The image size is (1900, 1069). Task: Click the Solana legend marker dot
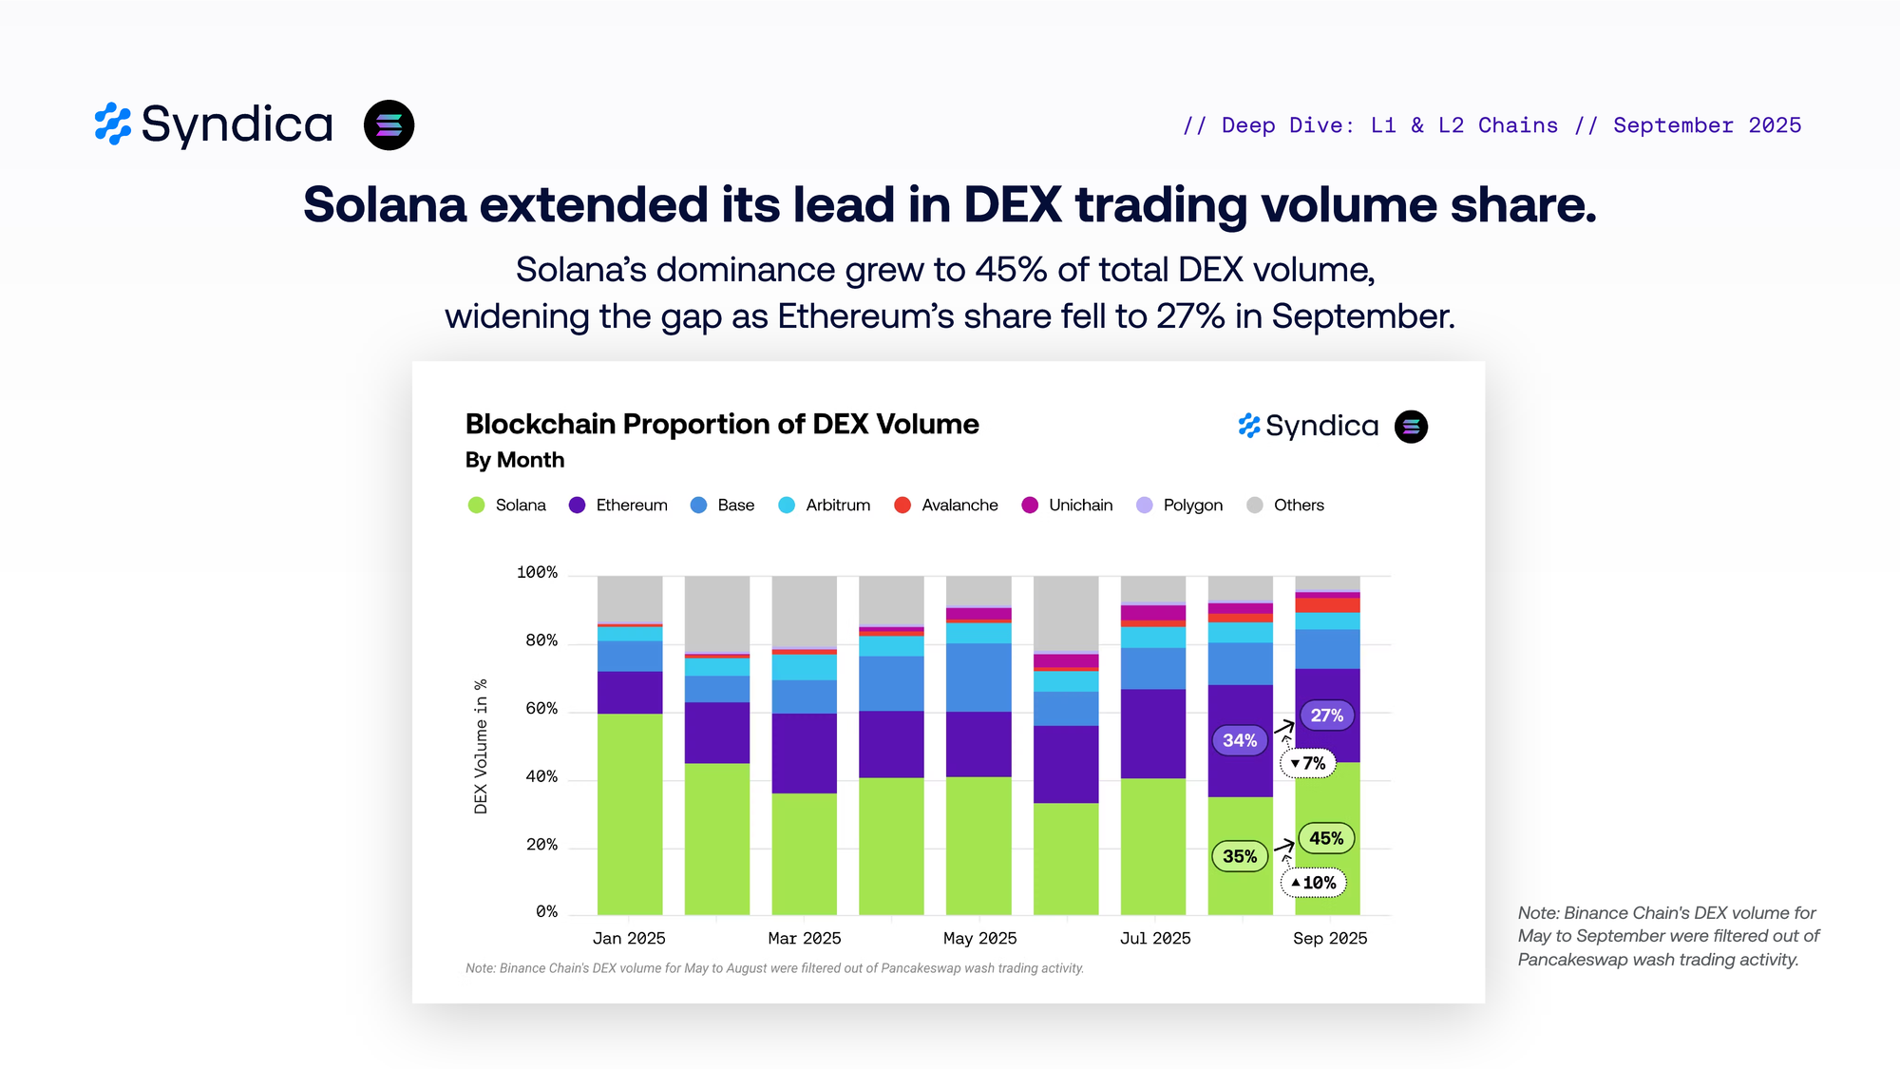(x=477, y=506)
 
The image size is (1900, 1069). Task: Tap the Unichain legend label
(x=1080, y=506)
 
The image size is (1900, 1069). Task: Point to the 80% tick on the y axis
(x=541, y=641)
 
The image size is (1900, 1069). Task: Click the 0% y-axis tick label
(x=546, y=912)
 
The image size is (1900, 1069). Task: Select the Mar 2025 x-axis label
(x=805, y=939)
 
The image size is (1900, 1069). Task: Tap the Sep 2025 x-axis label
(x=1330, y=939)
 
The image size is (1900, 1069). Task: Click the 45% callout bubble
(x=1326, y=838)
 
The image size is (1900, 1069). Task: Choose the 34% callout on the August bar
(x=1240, y=740)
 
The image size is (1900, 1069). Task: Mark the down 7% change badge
(x=1308, y=763)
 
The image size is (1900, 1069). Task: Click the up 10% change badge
(x=1314, y=883)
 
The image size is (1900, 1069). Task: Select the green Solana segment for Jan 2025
(x=630, y=814)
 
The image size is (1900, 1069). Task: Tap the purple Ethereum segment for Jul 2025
(x=1153, y=734)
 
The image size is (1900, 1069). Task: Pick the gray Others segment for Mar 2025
(x=805, y=612)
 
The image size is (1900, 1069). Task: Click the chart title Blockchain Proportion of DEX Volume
(x=722, y=424)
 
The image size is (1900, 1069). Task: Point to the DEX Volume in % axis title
(x=481, y=746)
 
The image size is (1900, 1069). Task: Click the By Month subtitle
(x=515, y=460)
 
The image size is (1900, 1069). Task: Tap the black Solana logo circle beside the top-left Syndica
(x=389, y=125)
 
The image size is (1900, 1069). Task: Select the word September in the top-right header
(x=1673, y=125)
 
